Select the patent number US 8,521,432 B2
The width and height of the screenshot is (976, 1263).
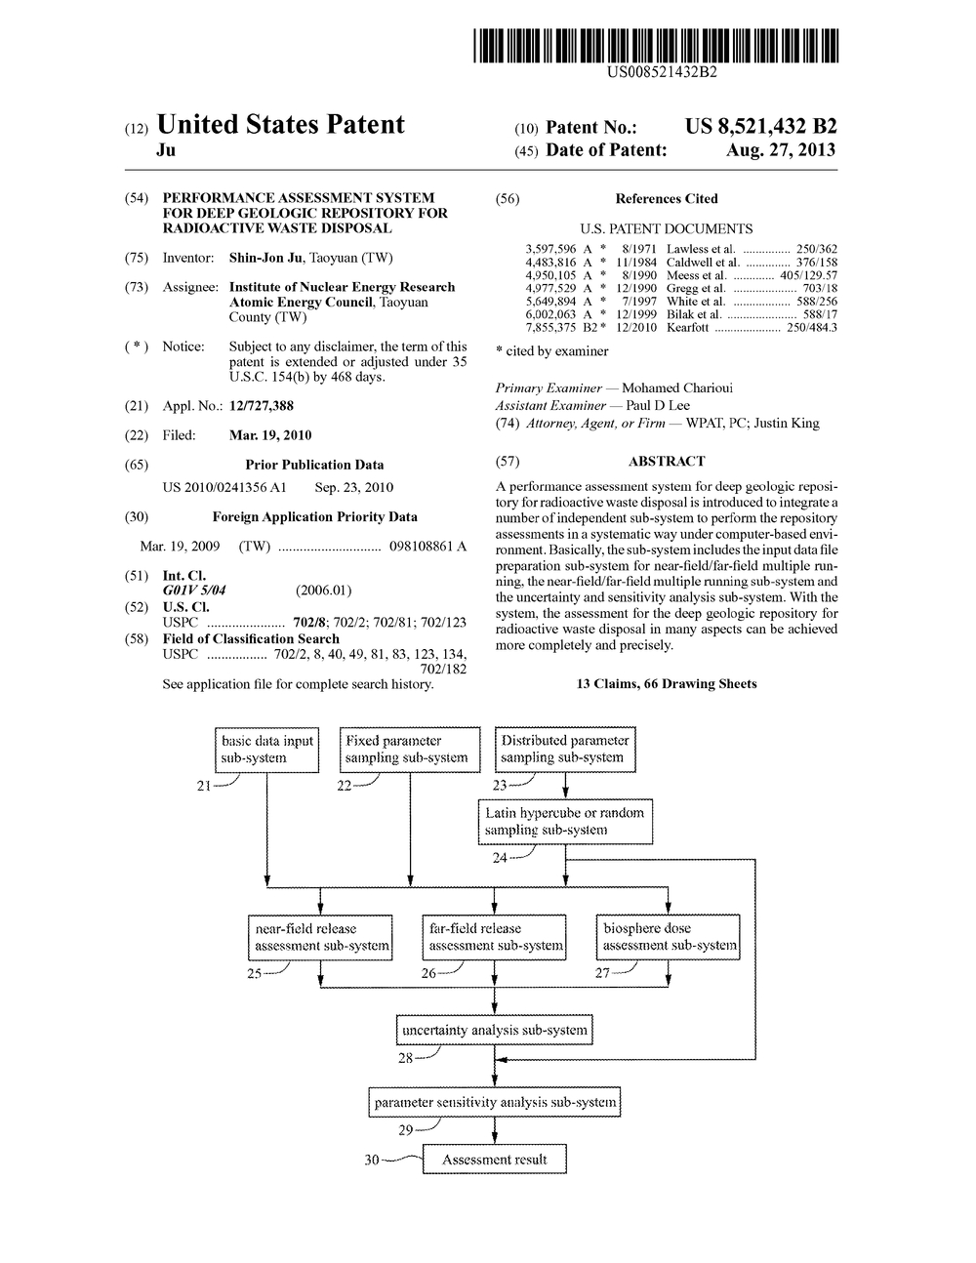coord(760,126)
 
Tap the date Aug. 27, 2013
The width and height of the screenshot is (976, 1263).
coord(781,150)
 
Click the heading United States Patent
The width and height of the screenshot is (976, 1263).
coord(280,125)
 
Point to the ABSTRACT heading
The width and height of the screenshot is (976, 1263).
coord(667,461)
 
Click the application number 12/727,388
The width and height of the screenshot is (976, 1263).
coord(261,406)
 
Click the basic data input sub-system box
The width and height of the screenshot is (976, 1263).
coord(266,749)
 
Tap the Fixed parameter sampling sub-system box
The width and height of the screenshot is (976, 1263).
coord(410,749)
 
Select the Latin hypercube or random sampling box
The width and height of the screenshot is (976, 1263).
coord(565,821)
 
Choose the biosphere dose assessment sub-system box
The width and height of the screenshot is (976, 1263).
coord(669,937)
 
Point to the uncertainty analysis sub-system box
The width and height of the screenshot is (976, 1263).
coord(494,1030)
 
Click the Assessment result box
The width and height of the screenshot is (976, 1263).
coord(494,1160)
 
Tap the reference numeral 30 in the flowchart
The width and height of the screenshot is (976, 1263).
coord(372,1160)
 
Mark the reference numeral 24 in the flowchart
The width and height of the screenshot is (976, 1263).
coord(500,858)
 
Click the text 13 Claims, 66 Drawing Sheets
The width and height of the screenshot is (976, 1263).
coord(667,684)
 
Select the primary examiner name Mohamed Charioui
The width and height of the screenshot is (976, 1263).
coord(677,388)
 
